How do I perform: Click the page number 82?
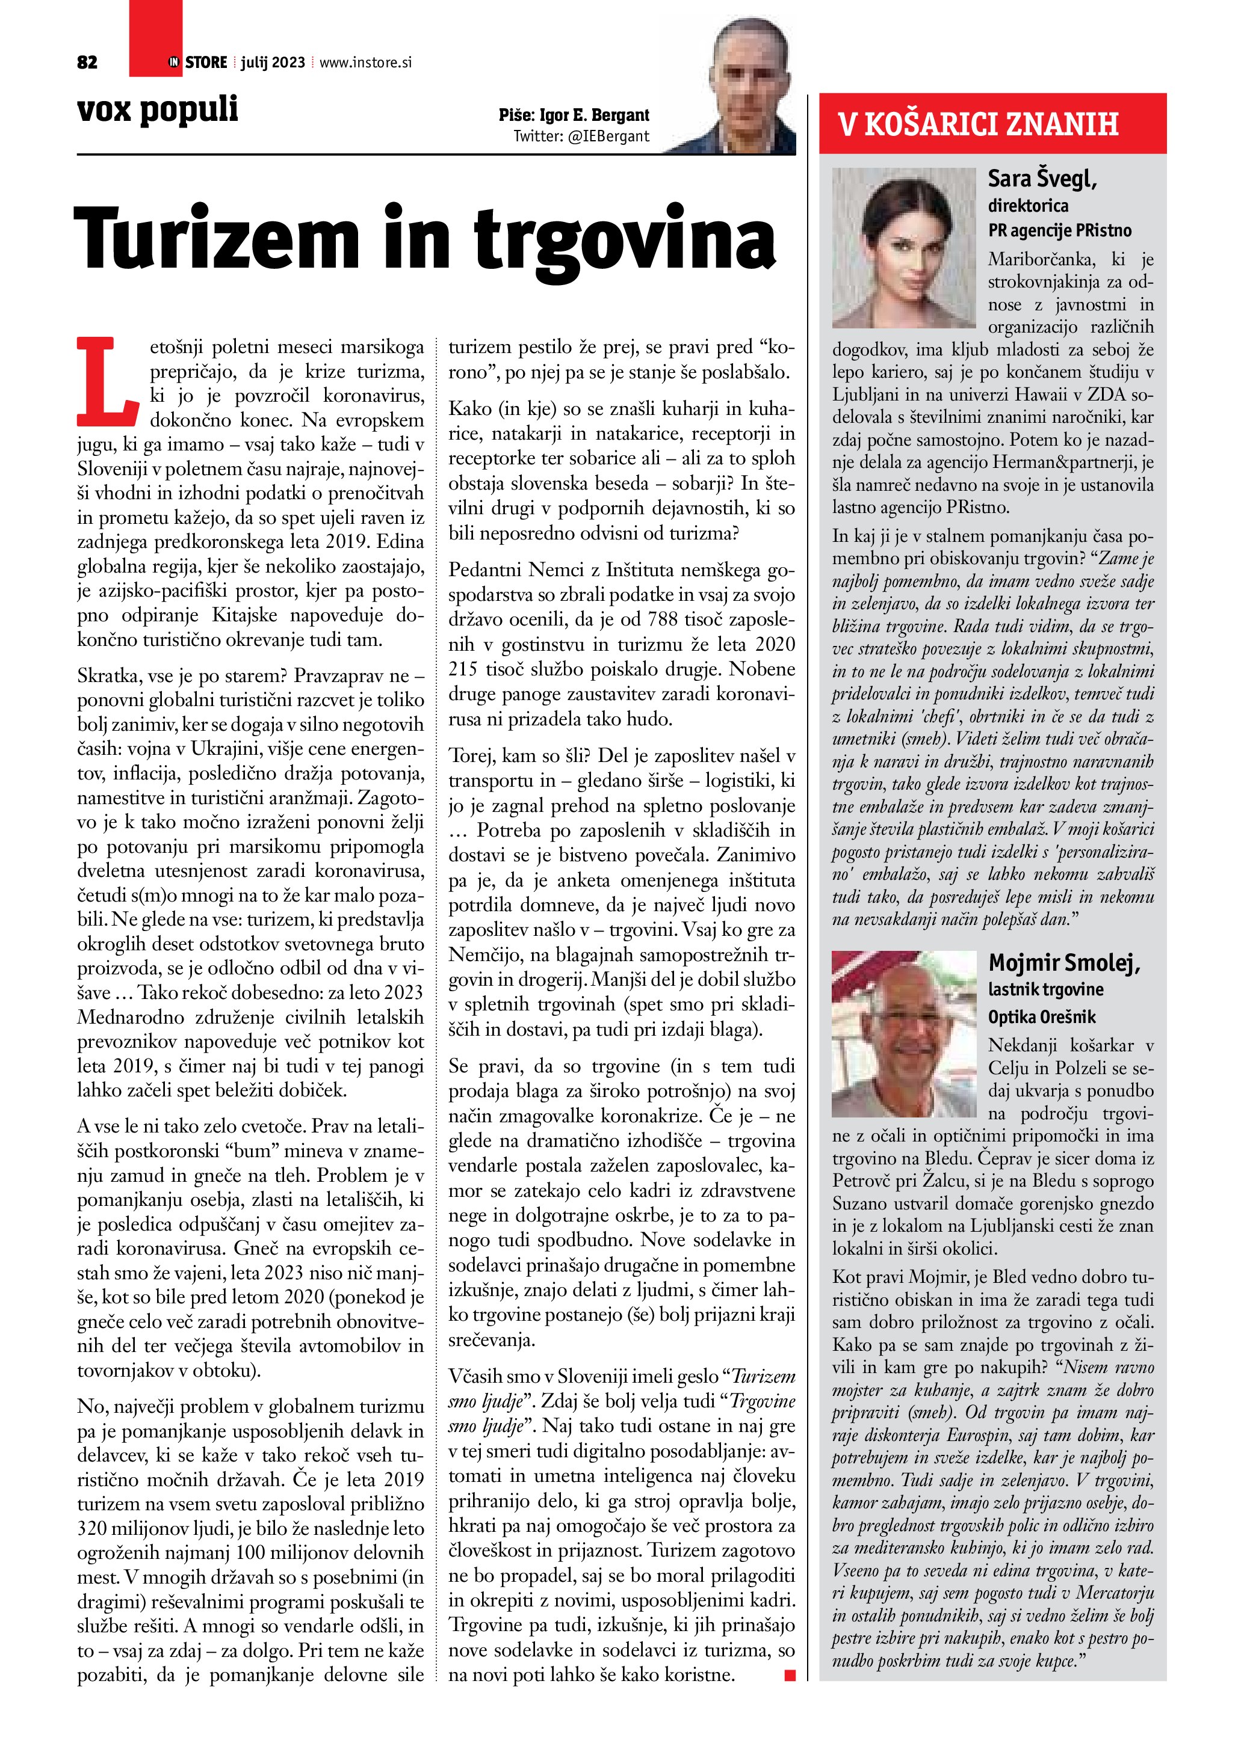click(87, 63)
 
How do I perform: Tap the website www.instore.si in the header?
click(365, 63)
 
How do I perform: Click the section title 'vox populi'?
click(158, 109)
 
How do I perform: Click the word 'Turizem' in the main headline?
click(217, 238)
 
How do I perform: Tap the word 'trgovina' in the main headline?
click(624, 239)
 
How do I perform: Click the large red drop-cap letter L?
click(108, 381)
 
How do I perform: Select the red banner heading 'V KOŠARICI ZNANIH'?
click(977, 124)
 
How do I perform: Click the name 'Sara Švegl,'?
click(1042, 179)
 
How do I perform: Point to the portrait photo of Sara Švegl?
click(904, 247)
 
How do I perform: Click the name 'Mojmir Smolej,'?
click(1064, 962)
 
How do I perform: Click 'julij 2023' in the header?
click(273, 63)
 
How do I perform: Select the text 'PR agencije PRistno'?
click(1059, 230)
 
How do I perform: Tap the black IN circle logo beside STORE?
click(174, 63)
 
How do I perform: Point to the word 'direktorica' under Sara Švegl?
click(1028, 205)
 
